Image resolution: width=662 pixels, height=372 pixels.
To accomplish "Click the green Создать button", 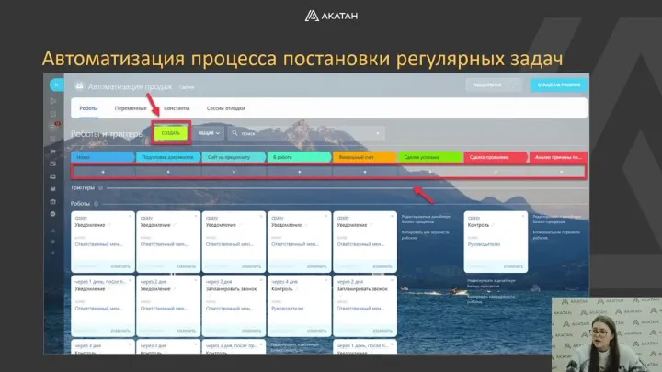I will [171, 133].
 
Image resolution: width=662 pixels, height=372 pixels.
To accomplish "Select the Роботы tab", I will [89, 108].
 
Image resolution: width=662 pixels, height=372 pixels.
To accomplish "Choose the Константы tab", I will [177, 108].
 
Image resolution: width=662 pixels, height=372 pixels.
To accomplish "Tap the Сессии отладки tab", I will [226, 108].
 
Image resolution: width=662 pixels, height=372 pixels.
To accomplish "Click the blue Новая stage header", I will [101, 157].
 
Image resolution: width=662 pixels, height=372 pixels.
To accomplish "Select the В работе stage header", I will [299, 157].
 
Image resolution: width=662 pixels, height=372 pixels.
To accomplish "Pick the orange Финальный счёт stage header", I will [364, 157].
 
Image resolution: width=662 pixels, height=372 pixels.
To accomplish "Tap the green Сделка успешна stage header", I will [429, 157].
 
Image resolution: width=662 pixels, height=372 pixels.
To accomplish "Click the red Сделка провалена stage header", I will [495, 157].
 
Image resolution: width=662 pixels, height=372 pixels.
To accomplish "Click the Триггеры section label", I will [83, 187].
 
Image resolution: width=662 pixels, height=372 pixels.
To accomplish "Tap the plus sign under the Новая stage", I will [101, 172].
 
